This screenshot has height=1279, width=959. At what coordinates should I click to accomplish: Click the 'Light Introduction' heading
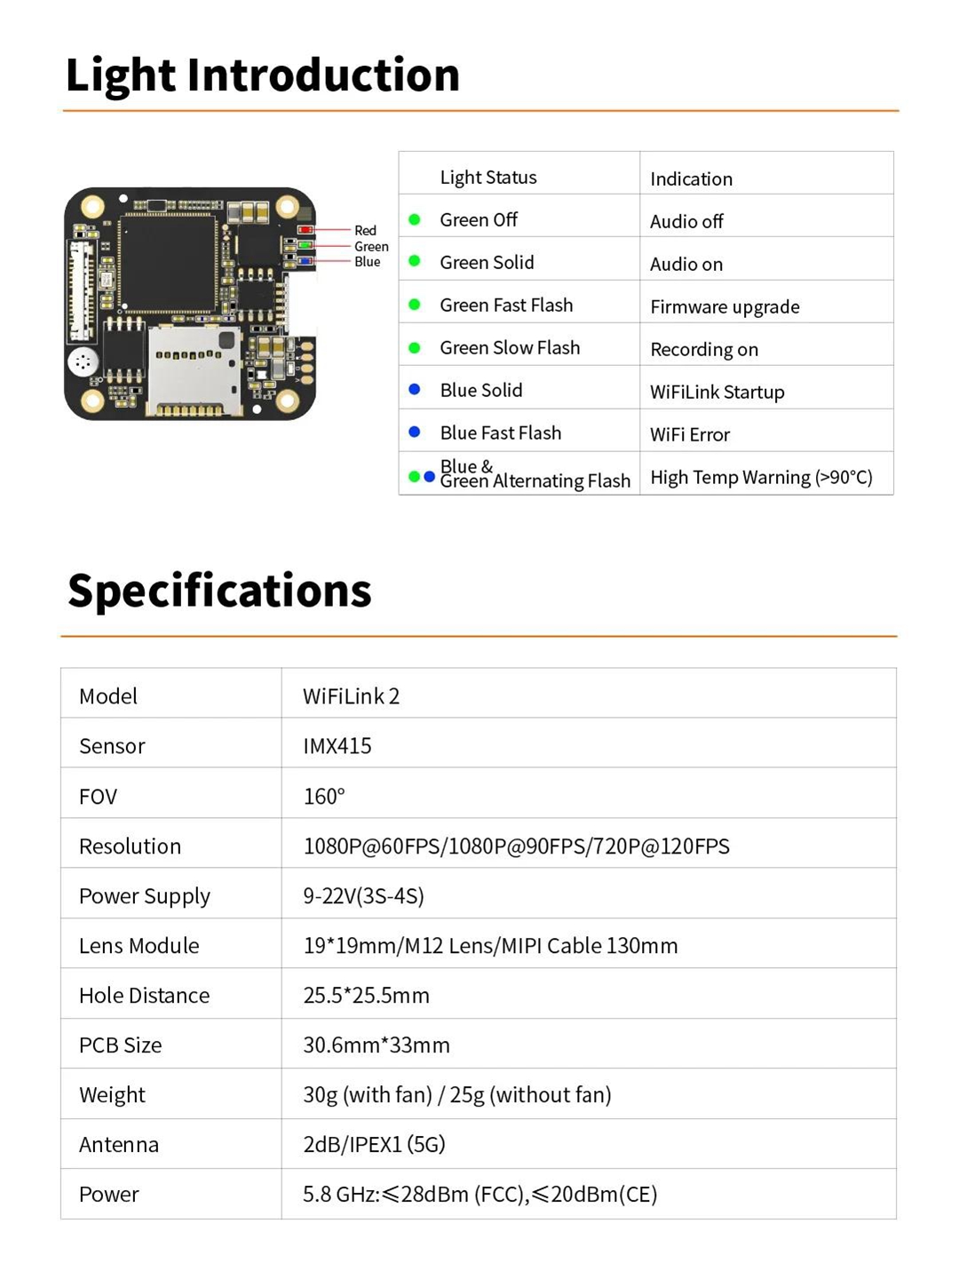[263, 75]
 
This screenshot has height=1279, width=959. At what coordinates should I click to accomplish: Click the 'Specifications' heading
[219, 591]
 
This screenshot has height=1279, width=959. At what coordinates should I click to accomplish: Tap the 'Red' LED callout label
[365, 230]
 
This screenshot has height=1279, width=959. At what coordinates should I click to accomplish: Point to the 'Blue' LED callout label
[367, 262]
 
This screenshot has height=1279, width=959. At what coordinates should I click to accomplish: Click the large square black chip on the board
[168, 264]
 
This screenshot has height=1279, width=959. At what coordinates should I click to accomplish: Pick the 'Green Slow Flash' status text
[510, 348]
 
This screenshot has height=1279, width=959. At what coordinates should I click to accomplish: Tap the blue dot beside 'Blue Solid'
[415, 389]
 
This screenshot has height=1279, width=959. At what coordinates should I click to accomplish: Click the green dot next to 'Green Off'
[415, 219]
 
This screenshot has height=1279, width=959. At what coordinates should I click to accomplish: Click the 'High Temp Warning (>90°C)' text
[762, 477]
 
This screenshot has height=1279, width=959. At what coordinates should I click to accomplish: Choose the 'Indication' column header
[691, 179]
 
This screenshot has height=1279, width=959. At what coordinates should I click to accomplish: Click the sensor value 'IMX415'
[337, 746]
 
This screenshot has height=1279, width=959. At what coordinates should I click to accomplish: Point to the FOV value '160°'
[324, 796]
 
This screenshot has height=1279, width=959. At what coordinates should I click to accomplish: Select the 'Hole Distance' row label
[145, 996]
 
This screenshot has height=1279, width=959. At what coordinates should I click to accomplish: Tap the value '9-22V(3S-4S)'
[364, 895]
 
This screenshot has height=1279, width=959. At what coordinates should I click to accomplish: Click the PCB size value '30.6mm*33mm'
[376, 1045]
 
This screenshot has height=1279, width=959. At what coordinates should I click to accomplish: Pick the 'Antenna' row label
[119, 1144]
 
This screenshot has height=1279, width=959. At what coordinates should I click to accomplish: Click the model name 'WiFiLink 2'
[351, 696]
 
